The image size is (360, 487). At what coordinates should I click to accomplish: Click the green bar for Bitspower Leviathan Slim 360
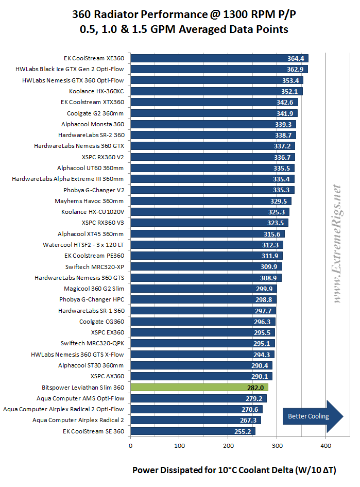coord(200,388)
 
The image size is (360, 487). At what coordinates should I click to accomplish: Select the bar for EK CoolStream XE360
coord(219,58)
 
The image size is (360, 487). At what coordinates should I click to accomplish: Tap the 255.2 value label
coord(244,431)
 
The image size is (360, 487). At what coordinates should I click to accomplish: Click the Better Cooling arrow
coord(312,416)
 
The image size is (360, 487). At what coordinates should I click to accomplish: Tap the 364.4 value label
coord(297,58)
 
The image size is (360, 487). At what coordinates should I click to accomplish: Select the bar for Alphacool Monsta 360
coord(213,124)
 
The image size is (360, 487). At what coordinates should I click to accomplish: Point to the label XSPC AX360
coord(107,376)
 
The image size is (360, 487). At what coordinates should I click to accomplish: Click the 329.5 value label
coord(280,201)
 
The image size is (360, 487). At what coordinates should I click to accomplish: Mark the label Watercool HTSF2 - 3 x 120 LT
coord(83,245)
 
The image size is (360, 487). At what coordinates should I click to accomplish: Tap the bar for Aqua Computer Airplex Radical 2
coord(196,420)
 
